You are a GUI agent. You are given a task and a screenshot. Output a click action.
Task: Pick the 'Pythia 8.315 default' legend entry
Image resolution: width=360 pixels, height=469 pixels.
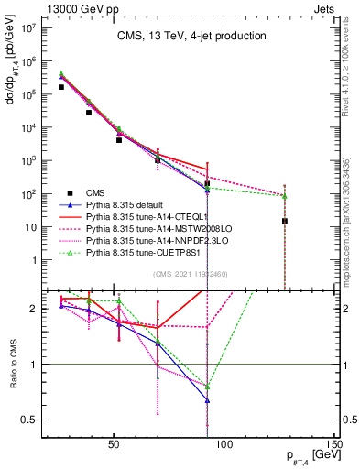click(127, 204)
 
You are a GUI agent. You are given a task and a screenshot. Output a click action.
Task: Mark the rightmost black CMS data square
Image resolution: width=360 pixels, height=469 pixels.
click(285, 221)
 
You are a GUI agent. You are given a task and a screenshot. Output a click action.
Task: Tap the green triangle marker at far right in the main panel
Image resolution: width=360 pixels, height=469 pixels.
click(285, 196)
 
